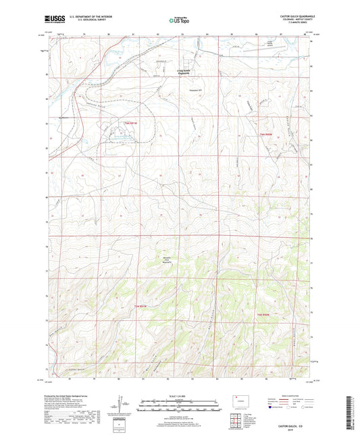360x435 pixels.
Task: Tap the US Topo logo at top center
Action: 179,20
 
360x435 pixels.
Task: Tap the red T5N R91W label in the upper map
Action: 130,123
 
